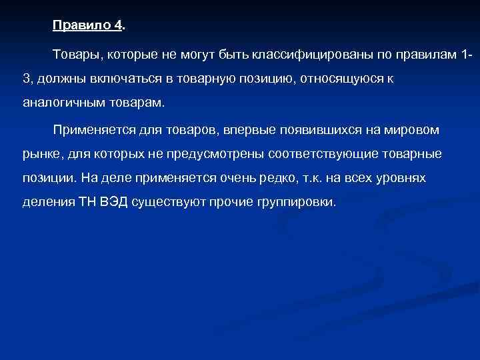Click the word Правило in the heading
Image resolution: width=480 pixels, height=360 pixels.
(x=82, y=26)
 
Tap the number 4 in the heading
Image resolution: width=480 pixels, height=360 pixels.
(x=118, y=26)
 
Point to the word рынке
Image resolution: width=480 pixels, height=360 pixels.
(x=39, y=154)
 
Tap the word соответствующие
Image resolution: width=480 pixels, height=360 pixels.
(x=325, y=154)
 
